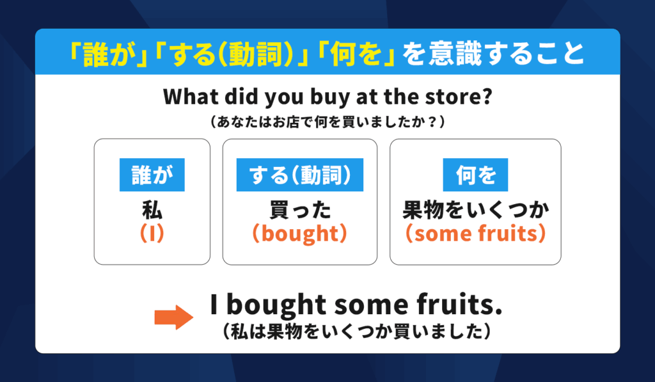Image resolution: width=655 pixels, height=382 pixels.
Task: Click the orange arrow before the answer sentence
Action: (x=174, y=317)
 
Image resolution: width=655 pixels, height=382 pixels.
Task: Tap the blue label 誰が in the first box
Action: (x=152, y=175)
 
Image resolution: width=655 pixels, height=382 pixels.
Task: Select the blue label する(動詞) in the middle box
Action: (x=300, y=175)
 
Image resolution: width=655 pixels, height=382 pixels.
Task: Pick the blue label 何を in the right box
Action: (x=475, y=175)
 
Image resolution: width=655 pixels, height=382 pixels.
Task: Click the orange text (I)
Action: (x=152, y=233)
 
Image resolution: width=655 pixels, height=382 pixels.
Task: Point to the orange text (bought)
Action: (x=300, y=234)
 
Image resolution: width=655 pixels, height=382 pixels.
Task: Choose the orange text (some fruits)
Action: (x=475, y=233)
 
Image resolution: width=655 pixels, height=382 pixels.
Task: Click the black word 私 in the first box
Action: (x=152, y=210)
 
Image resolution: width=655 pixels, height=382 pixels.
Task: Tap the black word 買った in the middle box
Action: (x=300, y=210)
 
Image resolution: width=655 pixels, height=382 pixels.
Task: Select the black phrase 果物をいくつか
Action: (x=475, y=210)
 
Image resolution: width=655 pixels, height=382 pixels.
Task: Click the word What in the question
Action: (x=191, y=97)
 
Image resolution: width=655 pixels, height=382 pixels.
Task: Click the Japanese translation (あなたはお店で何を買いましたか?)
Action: (x=327, y=122)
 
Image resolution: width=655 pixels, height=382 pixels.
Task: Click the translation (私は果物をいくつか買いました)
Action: (x=356, y=332)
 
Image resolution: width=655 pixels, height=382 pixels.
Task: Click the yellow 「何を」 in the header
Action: (x=356, y=54)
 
